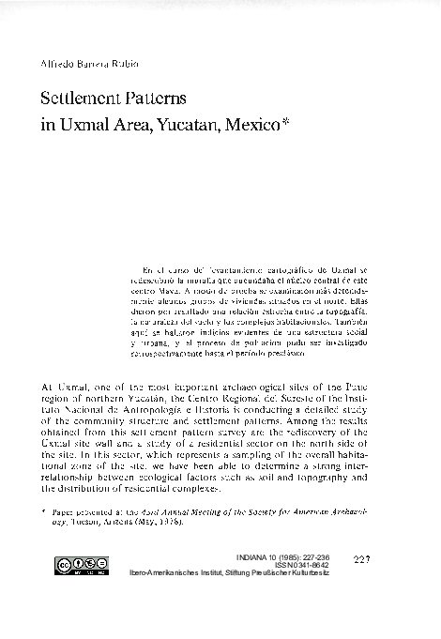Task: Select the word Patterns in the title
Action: [159, 98]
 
